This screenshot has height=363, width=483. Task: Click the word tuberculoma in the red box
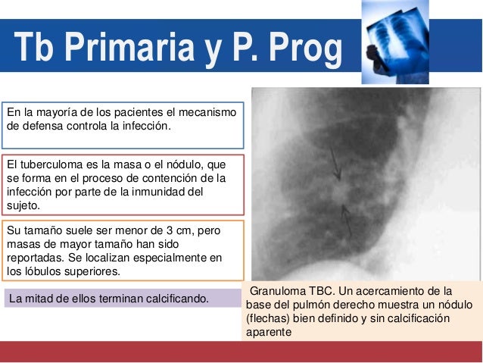[58, 164]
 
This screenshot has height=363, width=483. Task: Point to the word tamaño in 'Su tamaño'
[44, 230]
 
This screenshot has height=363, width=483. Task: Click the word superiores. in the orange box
[101, 271]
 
